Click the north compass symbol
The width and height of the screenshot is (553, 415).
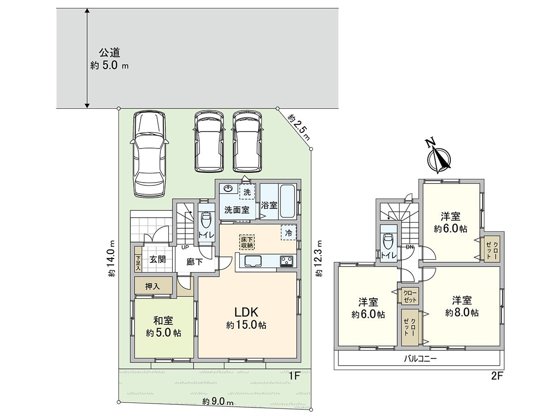[x=439, y=158]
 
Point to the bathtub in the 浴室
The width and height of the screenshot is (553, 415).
[x=288, y=202]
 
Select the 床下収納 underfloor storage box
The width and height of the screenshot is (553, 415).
[x=247, y=242]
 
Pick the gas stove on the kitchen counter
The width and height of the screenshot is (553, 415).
[x=287, y=261]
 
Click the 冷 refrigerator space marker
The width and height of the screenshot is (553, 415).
[x=288, y=233]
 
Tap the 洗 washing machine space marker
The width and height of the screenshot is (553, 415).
[x=247, y=191]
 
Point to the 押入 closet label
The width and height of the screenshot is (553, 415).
[x=153, y=286]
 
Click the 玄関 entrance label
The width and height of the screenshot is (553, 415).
[x=157, y=259]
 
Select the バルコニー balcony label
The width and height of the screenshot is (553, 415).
[x=420, y=358]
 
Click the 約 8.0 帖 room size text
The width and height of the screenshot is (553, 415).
[x=462, y=313]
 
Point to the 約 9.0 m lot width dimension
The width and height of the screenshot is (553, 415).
[x=218, y=401]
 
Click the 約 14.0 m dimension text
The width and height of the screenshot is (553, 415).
[x=112, y=259]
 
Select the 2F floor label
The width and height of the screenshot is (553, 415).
[x=496, y=375]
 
